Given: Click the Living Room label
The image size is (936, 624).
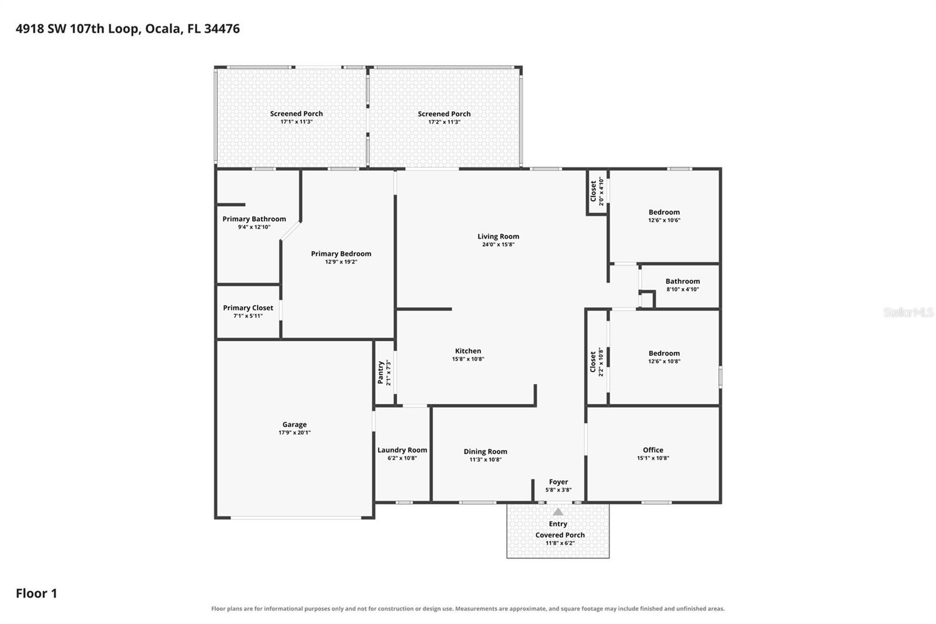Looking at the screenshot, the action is tap(498, 236).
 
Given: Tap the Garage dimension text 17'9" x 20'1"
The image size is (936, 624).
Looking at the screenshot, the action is tap(295, 433).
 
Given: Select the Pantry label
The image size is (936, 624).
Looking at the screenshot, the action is tap(380, 373).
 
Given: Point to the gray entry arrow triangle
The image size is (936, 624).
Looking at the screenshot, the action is tap(558, 512).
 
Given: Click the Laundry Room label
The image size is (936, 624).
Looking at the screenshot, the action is tap(402, 450).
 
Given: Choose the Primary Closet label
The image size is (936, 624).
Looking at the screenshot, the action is tap(248, 308).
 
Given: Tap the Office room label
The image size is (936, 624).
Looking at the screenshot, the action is tap(653, 450).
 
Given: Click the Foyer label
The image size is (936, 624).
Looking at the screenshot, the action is tap(558, 482).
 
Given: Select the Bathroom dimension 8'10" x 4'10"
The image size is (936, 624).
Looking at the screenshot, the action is tap(682, 289).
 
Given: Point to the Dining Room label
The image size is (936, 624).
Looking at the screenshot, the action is tap(485, 452).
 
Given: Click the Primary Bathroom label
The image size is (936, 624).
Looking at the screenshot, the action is tap(254, 219).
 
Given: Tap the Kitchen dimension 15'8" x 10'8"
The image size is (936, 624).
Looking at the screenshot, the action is tap(468, 359).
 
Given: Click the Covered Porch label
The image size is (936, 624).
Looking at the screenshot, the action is tap(560, 535).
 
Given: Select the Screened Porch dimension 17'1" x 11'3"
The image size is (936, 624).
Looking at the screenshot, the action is tap(296, 122).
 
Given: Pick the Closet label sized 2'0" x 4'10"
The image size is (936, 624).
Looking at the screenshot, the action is tap(593, 191).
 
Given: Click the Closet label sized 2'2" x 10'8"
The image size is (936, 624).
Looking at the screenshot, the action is tap(593, 362).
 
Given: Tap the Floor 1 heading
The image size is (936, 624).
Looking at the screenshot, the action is tap(36, 594).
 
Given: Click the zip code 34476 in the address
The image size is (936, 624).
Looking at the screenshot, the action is tap(222, 29).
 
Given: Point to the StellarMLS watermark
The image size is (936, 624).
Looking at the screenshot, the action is tap(908, 312).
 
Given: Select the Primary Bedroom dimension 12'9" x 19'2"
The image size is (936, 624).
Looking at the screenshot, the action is tap(341, 262).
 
